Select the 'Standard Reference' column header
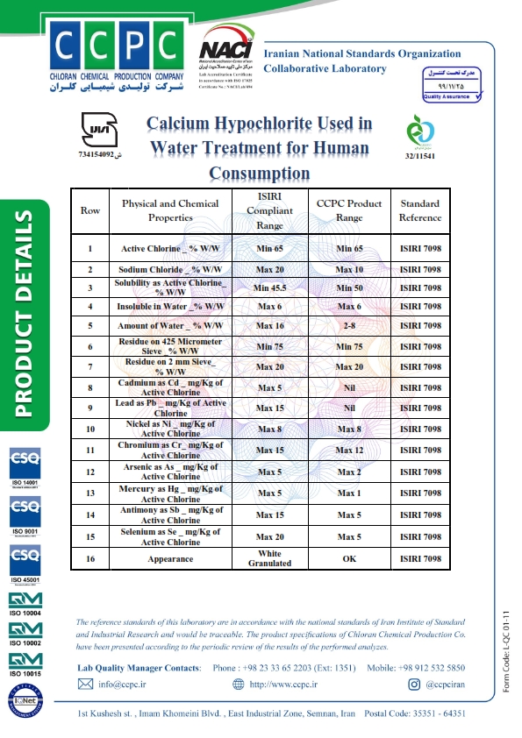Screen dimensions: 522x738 (x=419, y=210)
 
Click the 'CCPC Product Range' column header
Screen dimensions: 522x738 (x=349, y=210)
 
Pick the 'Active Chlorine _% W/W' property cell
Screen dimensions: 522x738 (x=170, y=249)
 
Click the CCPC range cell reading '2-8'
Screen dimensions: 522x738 (x=349, y=326)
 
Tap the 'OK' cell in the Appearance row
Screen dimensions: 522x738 (x=349, y=558)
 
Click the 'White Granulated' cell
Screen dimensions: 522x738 (x=269, y=558)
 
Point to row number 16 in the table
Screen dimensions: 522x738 (x=89, y=558)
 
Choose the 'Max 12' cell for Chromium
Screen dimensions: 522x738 (x=349, y=451)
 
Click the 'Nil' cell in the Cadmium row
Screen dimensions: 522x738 (x=349, y=387)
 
